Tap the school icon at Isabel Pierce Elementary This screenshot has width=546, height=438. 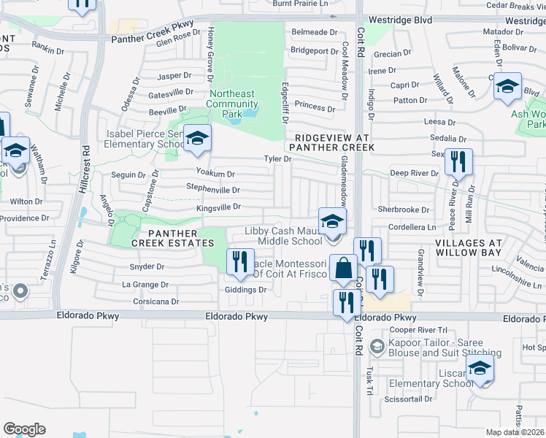pyautogui.click(x=196, y=138)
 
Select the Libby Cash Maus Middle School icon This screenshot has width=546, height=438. pyautogui.click(x=331, y=221)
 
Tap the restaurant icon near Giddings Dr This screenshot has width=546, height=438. pyautogui.click(x=239, y=262)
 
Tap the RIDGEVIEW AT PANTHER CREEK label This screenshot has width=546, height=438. pyautogui.click(x=334, y=142)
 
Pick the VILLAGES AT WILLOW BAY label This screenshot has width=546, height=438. pyautogui.click(x=468, y=246)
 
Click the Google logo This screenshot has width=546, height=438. pyautogui.click(x=24, y=429)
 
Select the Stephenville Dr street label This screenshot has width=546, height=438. pyautogui.click(x=212, y=190)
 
